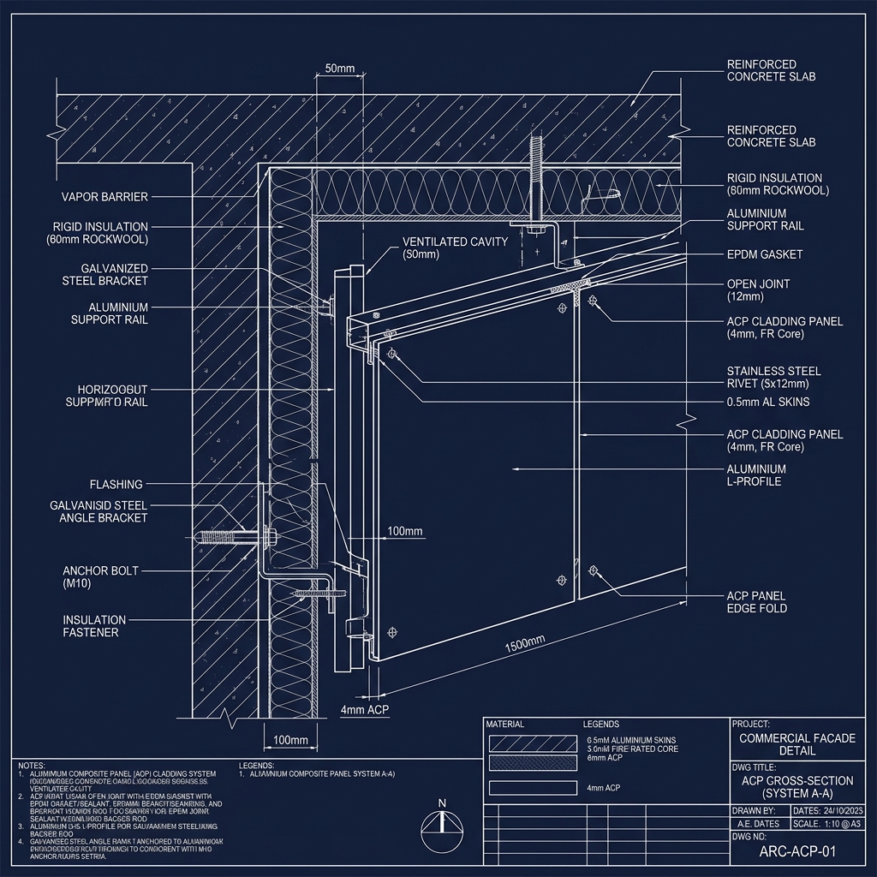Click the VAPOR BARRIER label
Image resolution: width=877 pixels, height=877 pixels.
point(104,197)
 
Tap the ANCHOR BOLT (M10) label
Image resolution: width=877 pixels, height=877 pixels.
point(100,576)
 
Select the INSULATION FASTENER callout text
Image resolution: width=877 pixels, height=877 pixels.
point(94,626)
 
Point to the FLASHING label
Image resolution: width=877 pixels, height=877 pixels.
point(116,485)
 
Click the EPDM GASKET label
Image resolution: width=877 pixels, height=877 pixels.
point(764,255)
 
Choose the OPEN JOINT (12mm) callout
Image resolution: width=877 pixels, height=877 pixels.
point(758,290)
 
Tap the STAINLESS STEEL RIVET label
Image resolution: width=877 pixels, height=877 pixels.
point(773,377)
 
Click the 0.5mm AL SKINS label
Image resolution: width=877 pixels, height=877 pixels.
point(768,402)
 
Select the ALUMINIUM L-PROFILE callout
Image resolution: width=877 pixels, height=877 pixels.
point(756,475)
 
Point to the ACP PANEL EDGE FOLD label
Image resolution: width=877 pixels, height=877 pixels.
point(756,601)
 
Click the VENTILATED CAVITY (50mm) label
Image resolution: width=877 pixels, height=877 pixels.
point(455,248)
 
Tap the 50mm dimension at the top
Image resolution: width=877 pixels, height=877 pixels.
point(340,69)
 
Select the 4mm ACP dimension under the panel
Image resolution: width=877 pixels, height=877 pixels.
point(365,710)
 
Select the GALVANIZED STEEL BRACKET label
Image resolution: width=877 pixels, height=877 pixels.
point(104,274)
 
